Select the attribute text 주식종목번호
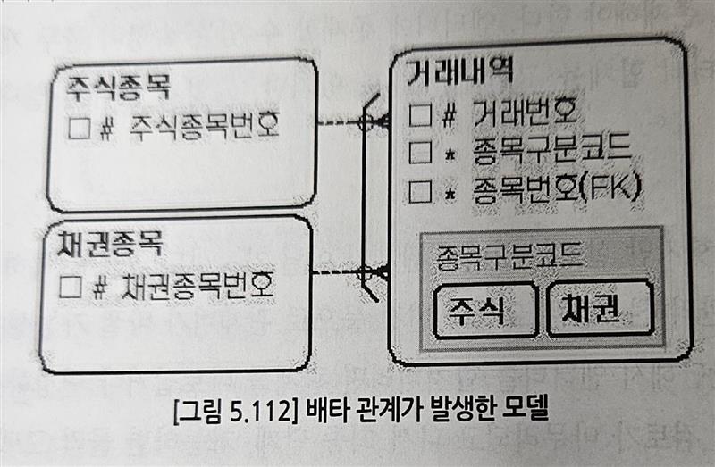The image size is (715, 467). click(x=205, y=125)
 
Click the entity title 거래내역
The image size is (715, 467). click(x=458, y=71)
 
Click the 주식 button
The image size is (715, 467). click(x=484, y=309)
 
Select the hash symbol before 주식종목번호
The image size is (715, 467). click(x=105, y=127)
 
